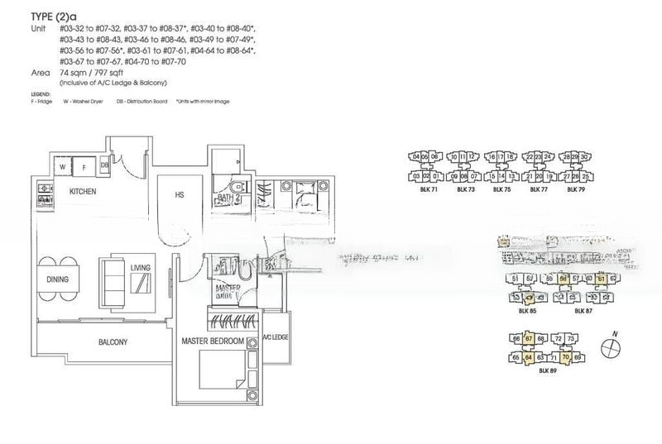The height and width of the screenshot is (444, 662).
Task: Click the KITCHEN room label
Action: tap(82, 192)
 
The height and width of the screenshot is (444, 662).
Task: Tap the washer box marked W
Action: tap(62, 166)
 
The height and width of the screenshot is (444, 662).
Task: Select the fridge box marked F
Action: tap(84, 166)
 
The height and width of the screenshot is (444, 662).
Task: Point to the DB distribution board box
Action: tap(104, 165)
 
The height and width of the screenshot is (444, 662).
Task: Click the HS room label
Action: tap(179, 195)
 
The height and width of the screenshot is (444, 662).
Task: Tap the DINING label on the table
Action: tap(57, 279)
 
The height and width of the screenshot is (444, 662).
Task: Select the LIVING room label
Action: tap(140, 267)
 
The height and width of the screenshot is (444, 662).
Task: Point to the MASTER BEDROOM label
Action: tap(213, 341)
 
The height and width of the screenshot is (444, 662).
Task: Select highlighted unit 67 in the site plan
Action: tap(527, 339)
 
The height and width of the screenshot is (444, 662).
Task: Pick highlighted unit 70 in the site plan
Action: tap(566, 358)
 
